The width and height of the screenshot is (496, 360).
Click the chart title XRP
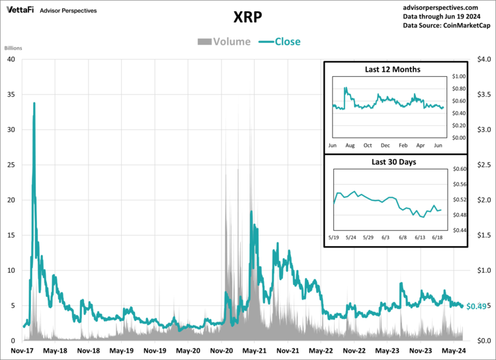pyautogui.click(x=248, y=16)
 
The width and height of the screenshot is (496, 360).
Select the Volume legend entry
pyautogui.click(x=224, y=42)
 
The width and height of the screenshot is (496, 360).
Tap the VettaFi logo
pyautogui.click(x=21, y=11)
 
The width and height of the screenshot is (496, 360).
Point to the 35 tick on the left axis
pyautogui.click(x=11, y=94)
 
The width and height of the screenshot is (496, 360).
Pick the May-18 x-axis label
pyautogui.click(x=55, y=351)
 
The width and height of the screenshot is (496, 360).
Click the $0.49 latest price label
pyautogui.click(x=476, y=306)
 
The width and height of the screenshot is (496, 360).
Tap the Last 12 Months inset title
pyautogui.click(x=392, y=69)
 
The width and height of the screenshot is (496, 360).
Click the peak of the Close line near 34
pyautogui.click(x=34, y=103)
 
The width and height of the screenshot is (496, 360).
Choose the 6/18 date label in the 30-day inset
pyautogui.click(x=438, y=236)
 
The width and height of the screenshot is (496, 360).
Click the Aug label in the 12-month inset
pyautogui.click(x=350, y=144)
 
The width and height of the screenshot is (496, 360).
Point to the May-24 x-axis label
pyautogui.click(x=454, y=351)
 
